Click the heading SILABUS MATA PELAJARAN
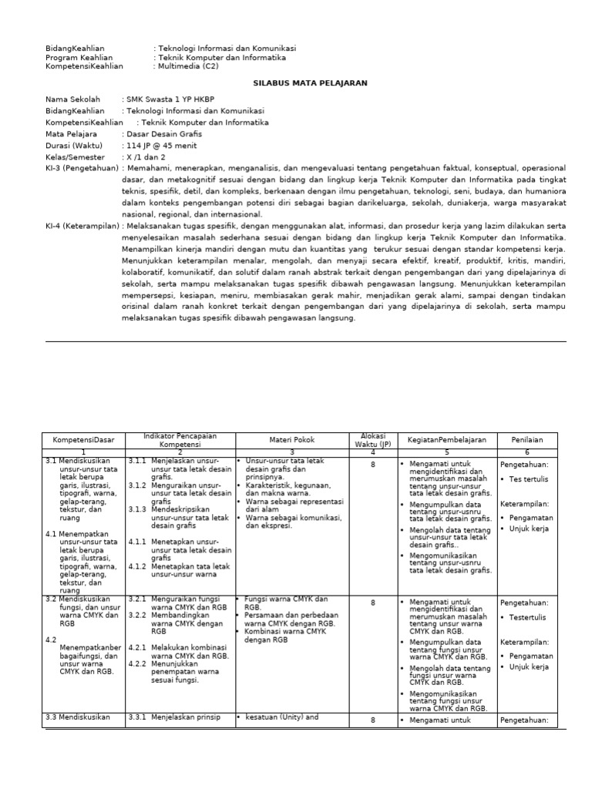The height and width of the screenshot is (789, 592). (311, 82)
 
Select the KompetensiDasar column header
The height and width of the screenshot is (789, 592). (83, 440)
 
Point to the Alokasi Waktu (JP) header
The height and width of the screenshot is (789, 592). (373, 440)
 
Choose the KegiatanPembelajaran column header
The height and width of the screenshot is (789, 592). (447, 440)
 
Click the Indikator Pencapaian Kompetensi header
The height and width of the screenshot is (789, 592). (180, 440)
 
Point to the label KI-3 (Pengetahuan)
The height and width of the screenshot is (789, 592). (82, 168)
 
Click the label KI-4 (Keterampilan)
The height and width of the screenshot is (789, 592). (82, 227)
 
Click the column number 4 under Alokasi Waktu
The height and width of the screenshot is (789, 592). (373, 452)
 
